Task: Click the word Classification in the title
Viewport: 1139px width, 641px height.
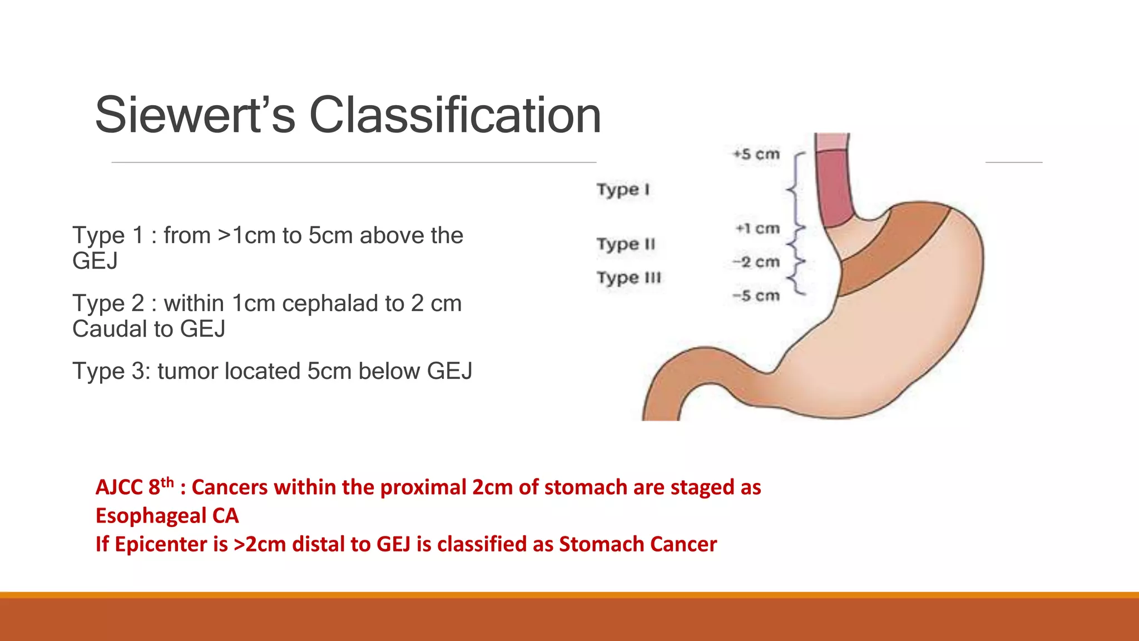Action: coord(454,115)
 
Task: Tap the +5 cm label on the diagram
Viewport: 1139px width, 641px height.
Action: coord(756,154)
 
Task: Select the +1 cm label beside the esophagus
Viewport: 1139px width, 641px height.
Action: coord(757,229)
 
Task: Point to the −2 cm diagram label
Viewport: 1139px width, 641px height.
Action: coord(756,262)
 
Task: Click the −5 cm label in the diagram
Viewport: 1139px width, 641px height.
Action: coord(756,296)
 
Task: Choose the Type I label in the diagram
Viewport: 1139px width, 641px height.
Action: coord(623,190)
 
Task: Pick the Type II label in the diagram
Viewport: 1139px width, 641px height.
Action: coord(626,244)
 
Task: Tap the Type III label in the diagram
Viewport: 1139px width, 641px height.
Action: coord(629,278)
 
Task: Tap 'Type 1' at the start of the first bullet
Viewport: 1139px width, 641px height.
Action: coord(108,236)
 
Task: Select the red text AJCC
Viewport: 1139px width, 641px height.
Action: coord(119,487)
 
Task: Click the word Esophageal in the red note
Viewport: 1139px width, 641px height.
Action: coord(151,516)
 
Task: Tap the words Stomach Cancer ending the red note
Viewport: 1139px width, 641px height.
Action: coord(637,544)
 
